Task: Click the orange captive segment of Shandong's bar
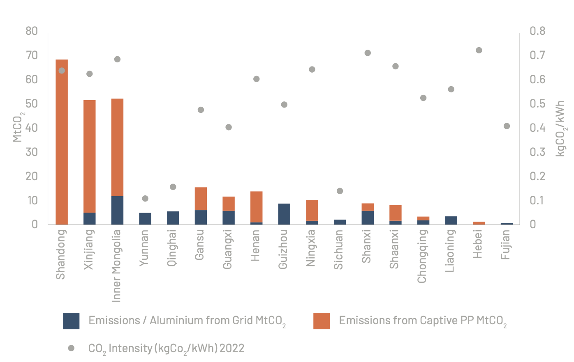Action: [x=62, y=142]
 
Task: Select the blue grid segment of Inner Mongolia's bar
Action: [x=117, y=210]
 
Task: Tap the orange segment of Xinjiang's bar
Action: [x=90, y=156]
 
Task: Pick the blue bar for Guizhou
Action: [x=284, y=214]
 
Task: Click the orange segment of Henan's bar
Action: [x=257, y=207]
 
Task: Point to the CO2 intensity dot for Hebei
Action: [x=479, y=50]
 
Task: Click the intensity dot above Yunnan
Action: [x=145, y=199]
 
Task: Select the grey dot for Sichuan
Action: [x=340, y=191]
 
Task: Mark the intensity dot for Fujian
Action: [x=507, y=126]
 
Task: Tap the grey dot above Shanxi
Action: [x=368, y=53]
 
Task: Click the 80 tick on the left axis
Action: [x=31, y=31]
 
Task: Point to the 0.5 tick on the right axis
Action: [x=537, y=103]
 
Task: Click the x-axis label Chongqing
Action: [x=422, y=256]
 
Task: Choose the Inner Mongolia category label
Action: [x=117, y=266]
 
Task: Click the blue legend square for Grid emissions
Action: [x=71, y=321]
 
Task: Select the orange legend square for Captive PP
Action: [x=322, y=321]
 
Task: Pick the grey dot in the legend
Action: [x=71, y=348]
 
